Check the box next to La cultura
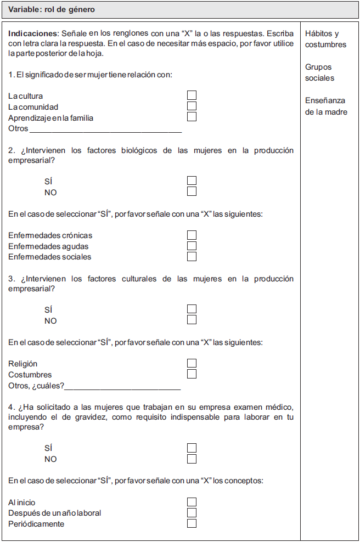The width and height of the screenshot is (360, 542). [192, 95]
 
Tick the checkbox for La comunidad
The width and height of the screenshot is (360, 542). [192, 106]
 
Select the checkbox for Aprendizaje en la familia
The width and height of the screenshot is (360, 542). [192, 117]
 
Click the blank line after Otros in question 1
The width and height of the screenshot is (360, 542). [105, 129]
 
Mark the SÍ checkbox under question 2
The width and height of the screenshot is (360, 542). [192, 180]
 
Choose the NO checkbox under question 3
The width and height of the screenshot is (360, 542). [192, 320]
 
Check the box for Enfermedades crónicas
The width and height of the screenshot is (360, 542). [192, 235]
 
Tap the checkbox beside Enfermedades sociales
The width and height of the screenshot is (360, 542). [192, 257]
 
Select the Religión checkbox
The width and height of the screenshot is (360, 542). [192, 363]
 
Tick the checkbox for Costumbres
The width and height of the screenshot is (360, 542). [192, 374]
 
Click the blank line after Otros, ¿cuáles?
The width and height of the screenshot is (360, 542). [122, 387]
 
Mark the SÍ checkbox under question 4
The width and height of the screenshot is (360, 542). [192, 448]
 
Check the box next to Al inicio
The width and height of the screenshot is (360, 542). [192, 502]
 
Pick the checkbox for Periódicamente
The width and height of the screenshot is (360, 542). [192, 523]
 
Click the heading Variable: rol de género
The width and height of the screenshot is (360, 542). [52, 9]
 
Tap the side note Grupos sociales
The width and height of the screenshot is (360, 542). [319, 72]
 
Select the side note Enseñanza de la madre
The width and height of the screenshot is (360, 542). [326, 106]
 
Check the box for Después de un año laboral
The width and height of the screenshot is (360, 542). [192, 513]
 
